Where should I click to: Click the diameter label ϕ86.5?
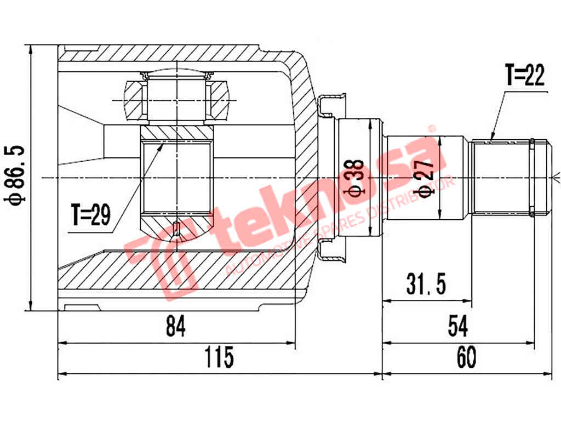(x=14, y=175)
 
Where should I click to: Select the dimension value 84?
(x=176, y=328)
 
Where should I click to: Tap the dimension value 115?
(x=219, y=358)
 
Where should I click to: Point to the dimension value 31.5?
(x=426, y=285)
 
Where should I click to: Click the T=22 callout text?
(x=525, y=77)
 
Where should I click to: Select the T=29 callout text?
(x=90, y=215)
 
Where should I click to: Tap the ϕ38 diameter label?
(x=356, y=178)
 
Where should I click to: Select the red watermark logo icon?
(x=164, y=258)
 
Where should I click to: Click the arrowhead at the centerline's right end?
(x=556, y=177)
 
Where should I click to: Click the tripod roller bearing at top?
(x=176, y=99)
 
